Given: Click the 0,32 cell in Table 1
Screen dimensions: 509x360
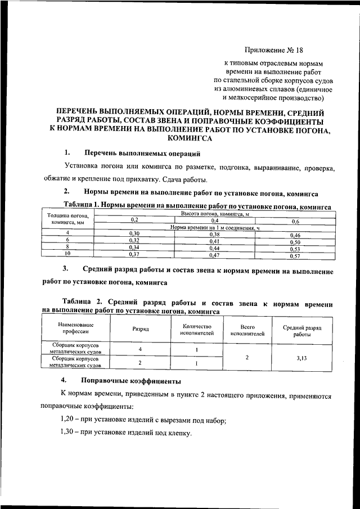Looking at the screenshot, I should pos(134,240).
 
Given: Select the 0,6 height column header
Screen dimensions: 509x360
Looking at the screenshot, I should pos(295,220).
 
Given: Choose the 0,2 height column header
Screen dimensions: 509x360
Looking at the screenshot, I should pos(134,220).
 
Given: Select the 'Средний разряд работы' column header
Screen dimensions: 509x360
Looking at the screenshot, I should pos(301,330).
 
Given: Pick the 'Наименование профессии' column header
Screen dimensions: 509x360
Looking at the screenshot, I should pos(75,328).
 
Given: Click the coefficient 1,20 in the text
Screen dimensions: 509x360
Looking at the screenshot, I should pos(68,420).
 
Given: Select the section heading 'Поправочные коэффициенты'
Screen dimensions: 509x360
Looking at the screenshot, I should pos(131,381).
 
